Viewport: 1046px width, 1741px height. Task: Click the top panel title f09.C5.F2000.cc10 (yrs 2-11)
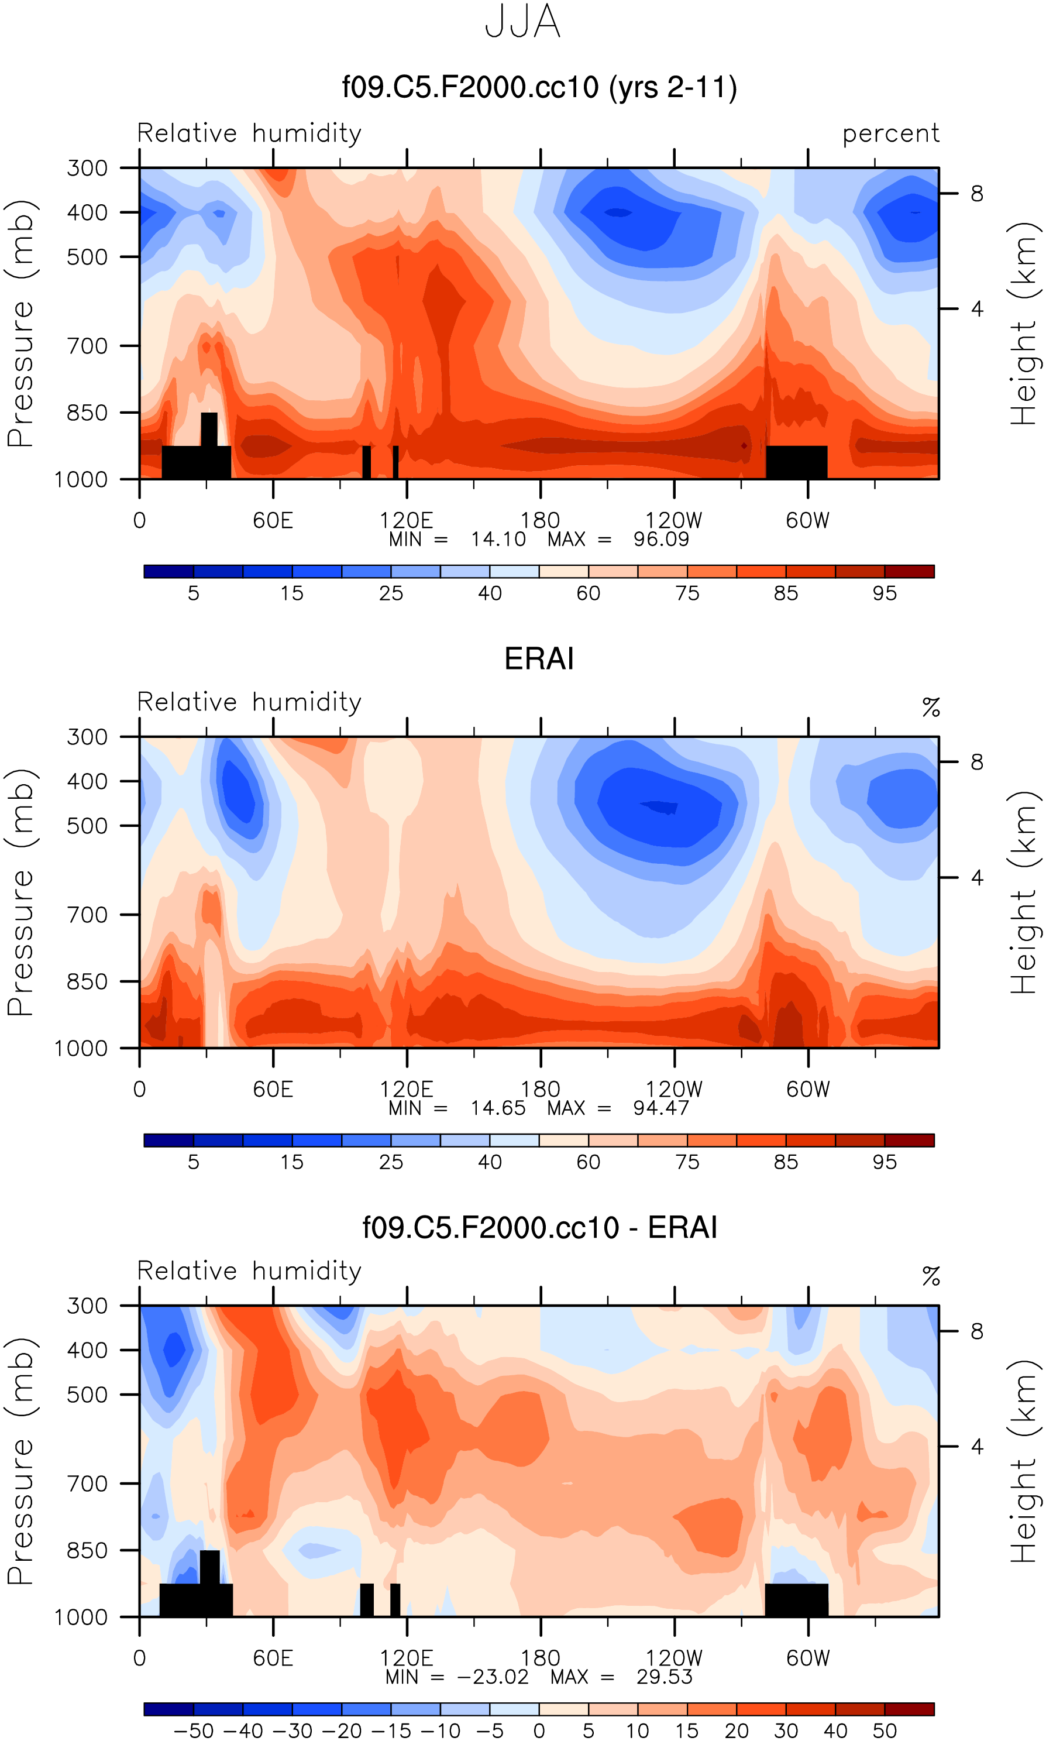(x=539, y=87)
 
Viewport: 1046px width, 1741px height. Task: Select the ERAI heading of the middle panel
(x=539, y=658)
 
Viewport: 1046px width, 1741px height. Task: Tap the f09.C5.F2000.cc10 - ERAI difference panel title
(x=539, y=1227)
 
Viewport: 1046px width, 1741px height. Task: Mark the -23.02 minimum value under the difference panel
(x=493, y=1677)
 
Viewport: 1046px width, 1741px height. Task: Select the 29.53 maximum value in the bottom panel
(x=664, y=1677)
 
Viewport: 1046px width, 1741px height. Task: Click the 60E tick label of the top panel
(x=273, y=521)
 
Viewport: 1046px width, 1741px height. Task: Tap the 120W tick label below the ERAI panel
(x=674, y=1090)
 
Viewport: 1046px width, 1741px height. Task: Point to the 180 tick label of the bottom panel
(x=540, y=1658)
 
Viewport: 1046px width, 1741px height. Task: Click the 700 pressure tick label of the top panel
(x=87, y=346)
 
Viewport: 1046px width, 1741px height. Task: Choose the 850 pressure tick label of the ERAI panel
(x=87, y=981)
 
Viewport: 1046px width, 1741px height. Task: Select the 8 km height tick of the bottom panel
(x=977, y=1331)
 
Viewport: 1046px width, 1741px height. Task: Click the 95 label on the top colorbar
(x=885, y=593)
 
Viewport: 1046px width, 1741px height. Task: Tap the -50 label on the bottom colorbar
(x=194, y=1731)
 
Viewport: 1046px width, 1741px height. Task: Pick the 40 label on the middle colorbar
(x=490, y=1162)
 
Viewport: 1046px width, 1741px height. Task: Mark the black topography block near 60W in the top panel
(x=796, y=462)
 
